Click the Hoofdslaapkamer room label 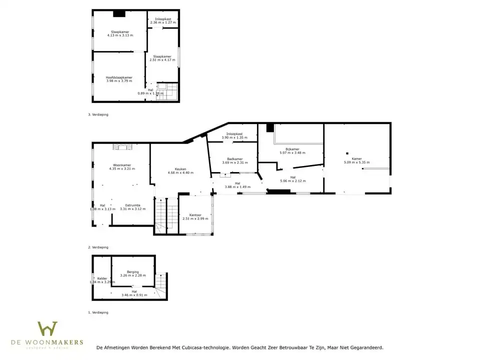coord(119,77)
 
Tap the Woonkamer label coord(122,165)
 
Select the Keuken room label coord(180,169)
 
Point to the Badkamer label coord(234,159)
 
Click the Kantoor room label coord(195,215)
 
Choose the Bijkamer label coord(292,149)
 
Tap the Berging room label coord(132,272)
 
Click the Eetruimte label coord(132,205)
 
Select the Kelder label coord(102,278)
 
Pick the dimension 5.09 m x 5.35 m coord(356,162)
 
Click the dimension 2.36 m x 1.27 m coord(163,22)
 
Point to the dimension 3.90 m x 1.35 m coord(234,137)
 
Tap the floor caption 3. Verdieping coord(98,114)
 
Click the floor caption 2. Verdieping coord(98,247)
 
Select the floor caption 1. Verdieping coord(98,312)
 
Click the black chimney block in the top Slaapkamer coord(119,13)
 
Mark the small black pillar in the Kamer coord(346,153)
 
